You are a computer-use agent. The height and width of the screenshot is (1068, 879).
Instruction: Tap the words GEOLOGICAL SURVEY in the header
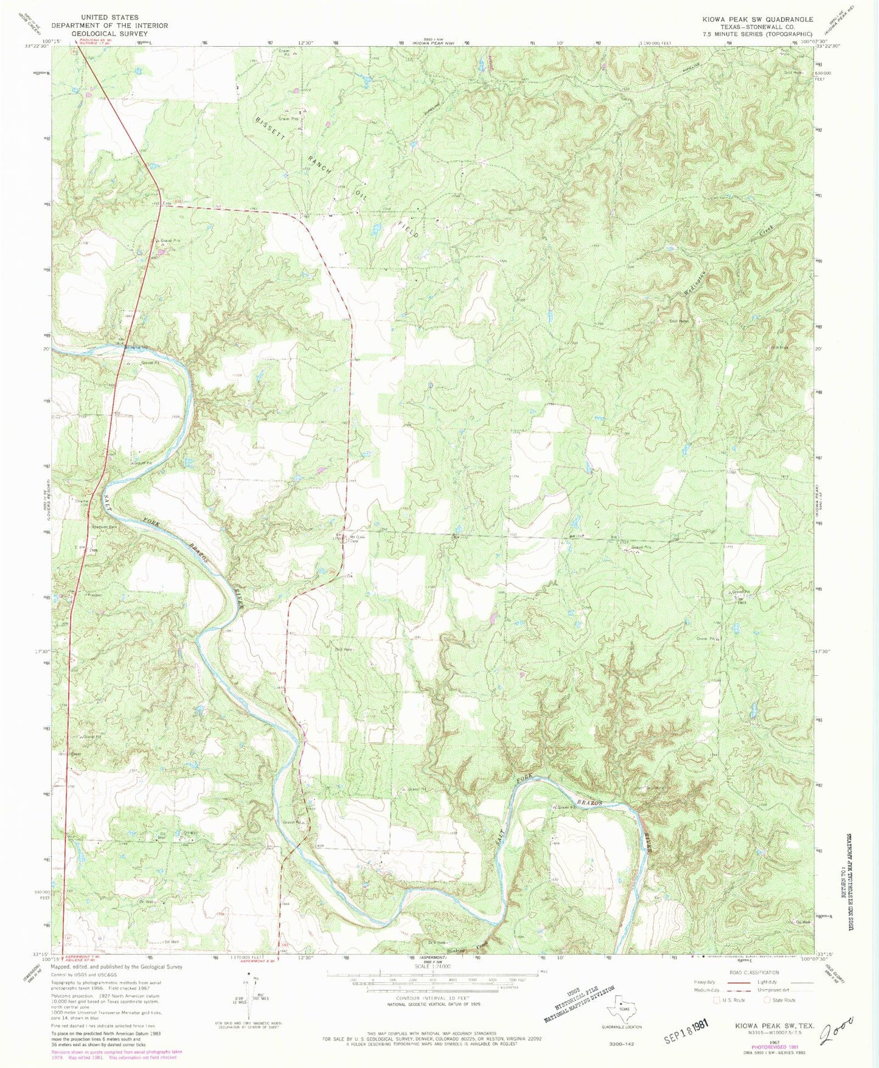click(x=109, y=33)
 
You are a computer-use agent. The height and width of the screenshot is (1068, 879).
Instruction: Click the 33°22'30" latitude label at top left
click(x=38, y=46)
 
